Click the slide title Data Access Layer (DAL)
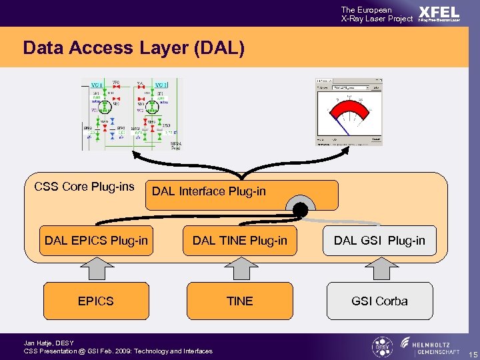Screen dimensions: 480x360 pyautogui.click(x=133, y=48)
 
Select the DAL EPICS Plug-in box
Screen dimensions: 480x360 pyautogui.click(x=96, y=240)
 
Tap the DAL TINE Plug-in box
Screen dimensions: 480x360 pyautogui.click(x=240, y=240)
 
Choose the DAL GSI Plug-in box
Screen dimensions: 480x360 pyautogui.click(x=379, y=240)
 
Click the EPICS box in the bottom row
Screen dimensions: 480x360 pyautogui.click(x=96, y=301)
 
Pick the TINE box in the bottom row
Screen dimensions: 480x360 pyautogui.click(x=240, y=301)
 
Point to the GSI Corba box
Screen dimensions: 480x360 pyautogui.click(x=379, y=301)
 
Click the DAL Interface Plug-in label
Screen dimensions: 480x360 pyautogui.click(x=209, y=191)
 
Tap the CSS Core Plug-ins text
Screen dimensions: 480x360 pyautogui.click(x=84, y=186)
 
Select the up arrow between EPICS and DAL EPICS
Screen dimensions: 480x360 pyautogui.click(x=96, y=269)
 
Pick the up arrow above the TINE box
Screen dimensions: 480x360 pyautogui.click(x=240, y=269)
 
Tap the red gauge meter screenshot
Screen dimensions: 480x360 pyautogui.click(x=349, y=111)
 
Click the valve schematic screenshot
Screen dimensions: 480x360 pyautogui.click(x=131, y=113)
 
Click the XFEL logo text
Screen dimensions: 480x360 pyautogui.click(x=439, y=12)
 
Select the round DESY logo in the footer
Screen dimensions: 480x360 pyautogui.click(x=381, y=347)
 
